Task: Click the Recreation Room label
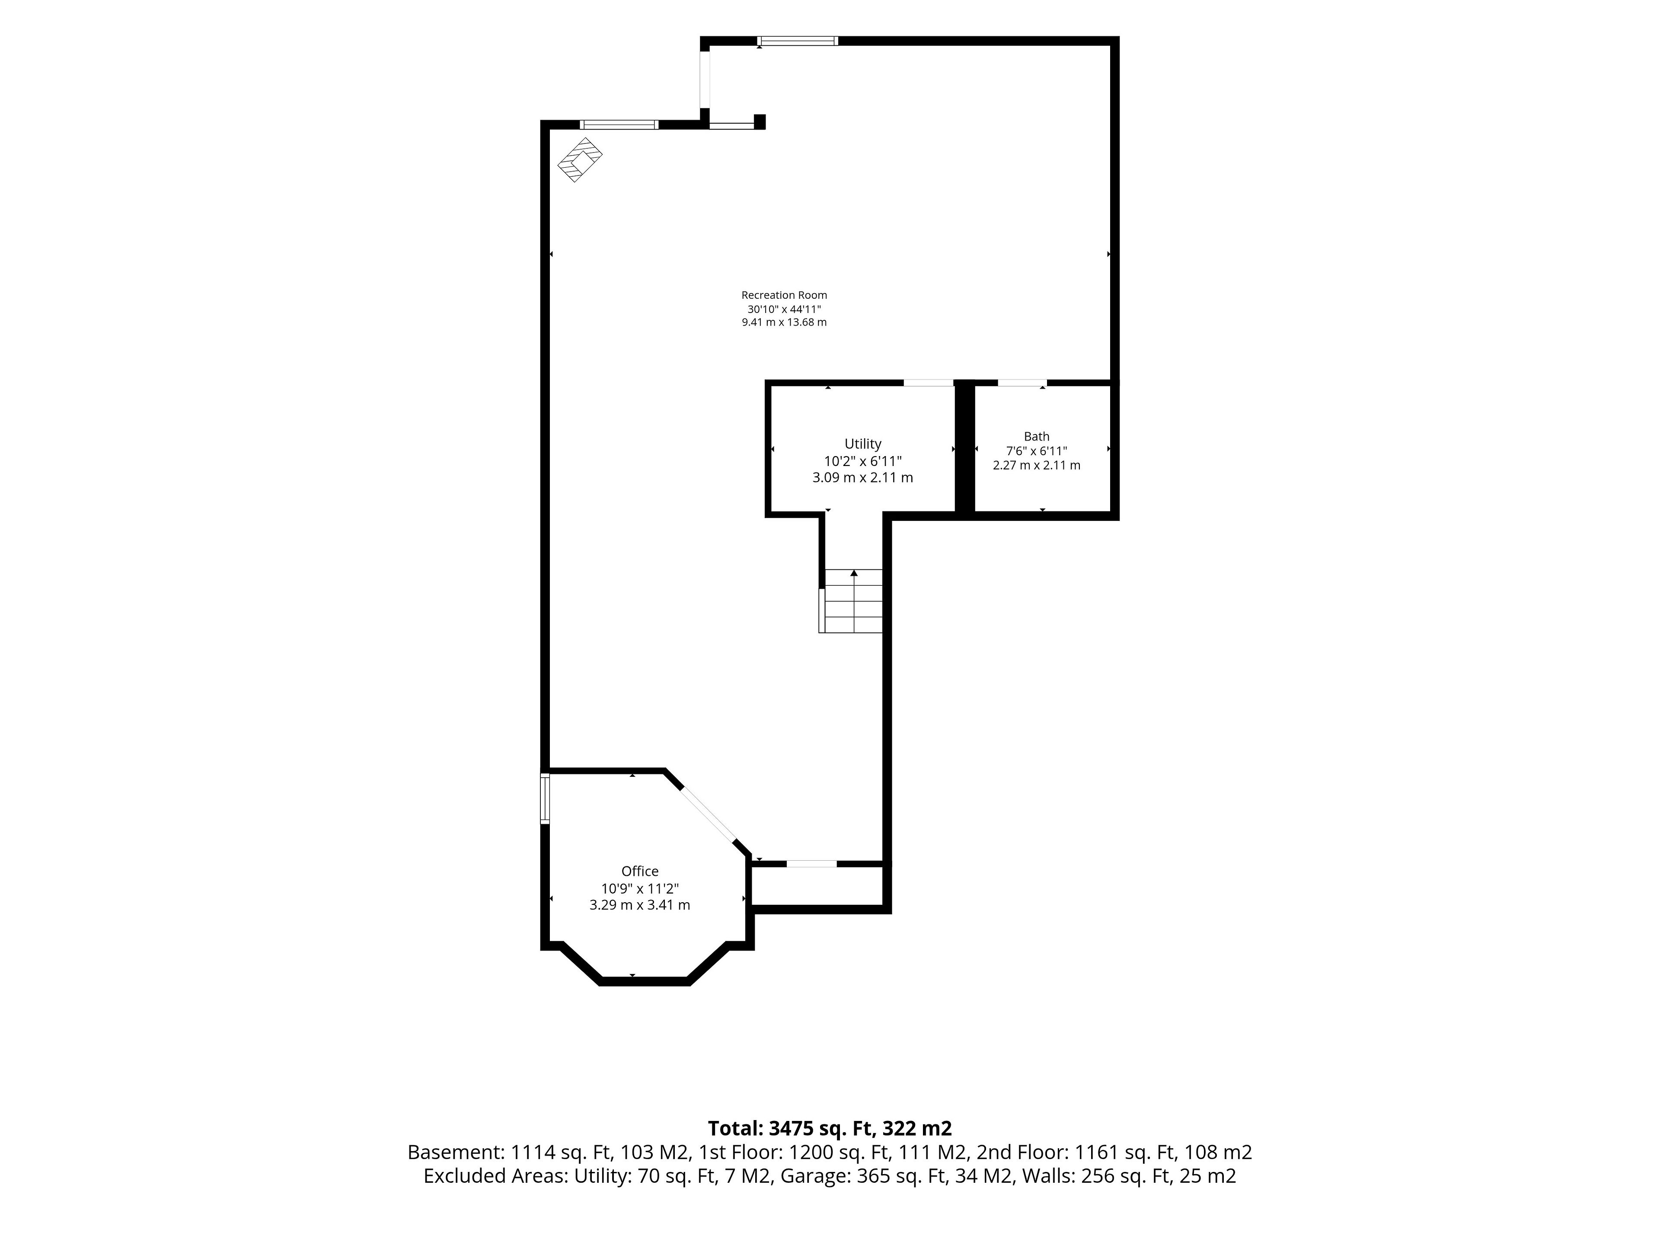[784, 295]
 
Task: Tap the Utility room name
[863, 444]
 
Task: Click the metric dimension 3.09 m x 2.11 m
[863, 477]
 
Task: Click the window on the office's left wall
[546, 799]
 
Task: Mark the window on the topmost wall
[798, 41]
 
